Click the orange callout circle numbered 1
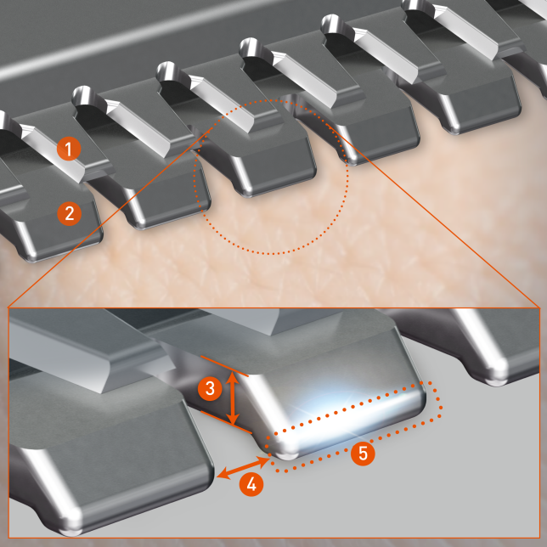[69, 149]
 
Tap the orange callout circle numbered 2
[69, 213]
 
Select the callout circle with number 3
[210, 388]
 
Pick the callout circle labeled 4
[251, 484]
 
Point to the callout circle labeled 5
[363, 454]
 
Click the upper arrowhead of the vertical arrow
[233, 377]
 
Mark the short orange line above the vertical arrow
[224, 366]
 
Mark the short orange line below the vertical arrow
[226, 422]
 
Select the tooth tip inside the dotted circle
[246, 192]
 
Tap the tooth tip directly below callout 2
[31, 257]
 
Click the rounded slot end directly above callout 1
[81, 94]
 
